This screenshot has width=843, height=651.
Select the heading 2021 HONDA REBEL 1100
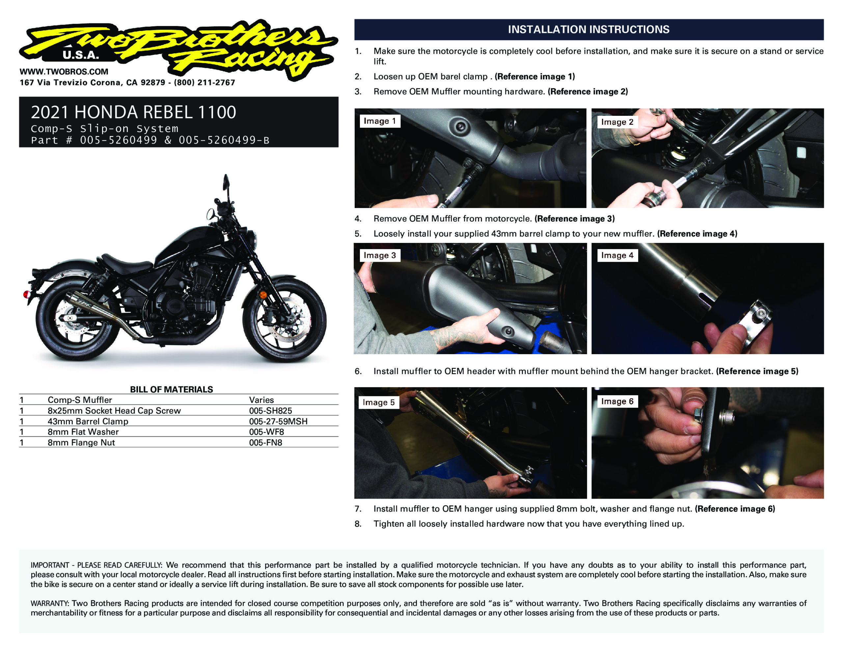[134, 112]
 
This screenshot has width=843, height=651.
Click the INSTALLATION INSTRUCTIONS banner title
[589, 29]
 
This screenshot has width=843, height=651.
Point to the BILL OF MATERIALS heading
[171, 389]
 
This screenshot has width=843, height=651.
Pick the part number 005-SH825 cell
[270, 411]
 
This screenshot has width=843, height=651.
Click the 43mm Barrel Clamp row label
[88, 421]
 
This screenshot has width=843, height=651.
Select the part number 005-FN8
[265, 443]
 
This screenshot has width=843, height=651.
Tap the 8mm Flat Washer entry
[83, 432]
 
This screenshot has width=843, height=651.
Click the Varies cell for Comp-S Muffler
[261, 400]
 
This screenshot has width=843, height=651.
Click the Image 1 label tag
[380, 121]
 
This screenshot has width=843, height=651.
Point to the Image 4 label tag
[617, 255]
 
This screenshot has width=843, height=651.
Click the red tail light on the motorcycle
[27, 295]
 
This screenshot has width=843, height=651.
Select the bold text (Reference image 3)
[574, 219]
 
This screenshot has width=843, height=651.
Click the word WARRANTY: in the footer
[50, 603]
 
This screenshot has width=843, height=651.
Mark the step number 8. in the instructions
[358, 524]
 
